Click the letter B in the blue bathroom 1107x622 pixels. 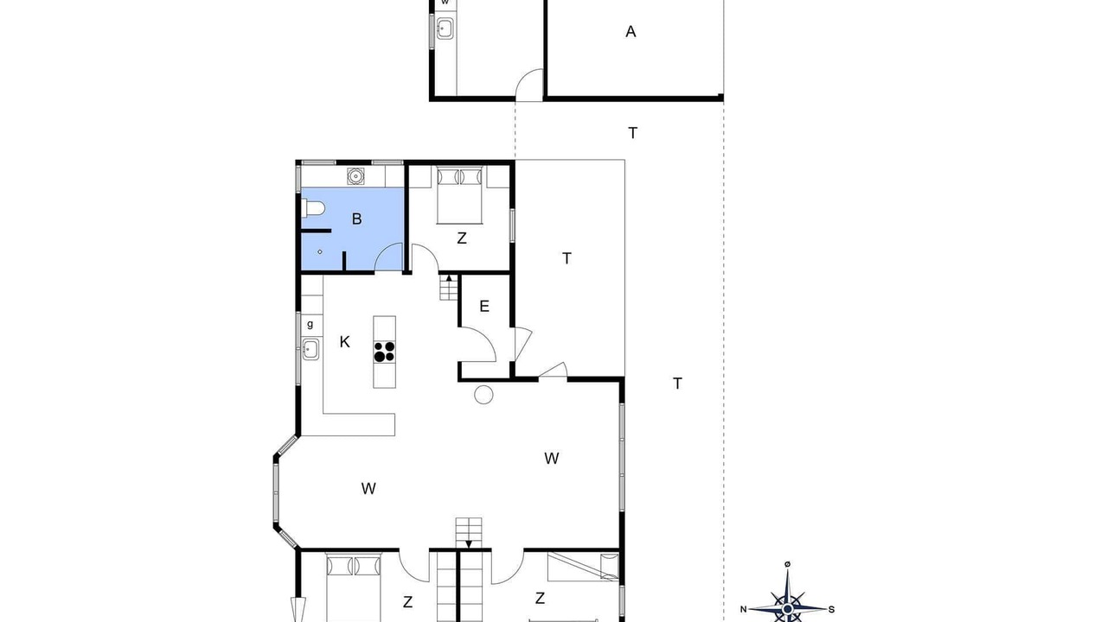tap(357, 219)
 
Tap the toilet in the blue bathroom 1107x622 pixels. tap(313, 208)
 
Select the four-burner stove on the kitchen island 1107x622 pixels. tap(385, 352)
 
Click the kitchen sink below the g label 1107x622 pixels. tap(310, 350)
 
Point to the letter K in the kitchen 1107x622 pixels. tap(345, 341)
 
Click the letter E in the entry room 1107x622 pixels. tap(484, 306)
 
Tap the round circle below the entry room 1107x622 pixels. tap(483, 395)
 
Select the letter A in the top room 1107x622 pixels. tap(630, 32)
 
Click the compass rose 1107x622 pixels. tap(788, 608)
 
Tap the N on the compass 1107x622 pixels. tap(743, 610)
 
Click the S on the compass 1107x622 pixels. tap(831, 610)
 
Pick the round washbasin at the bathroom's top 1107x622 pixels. tap(355, 176)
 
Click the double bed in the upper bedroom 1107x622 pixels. tap(459, 196)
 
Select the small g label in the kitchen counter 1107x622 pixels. tap(310, 324)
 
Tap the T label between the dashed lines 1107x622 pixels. tap(632, 133)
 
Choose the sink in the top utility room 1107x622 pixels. tap(445, 29)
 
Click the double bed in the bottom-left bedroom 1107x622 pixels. tap(354, 587)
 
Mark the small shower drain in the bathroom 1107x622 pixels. tap(320, 251)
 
